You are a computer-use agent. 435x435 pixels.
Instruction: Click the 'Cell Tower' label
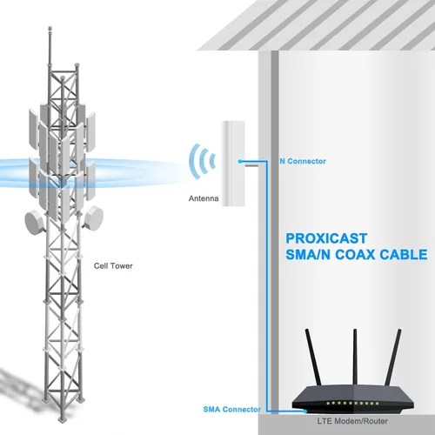click(x=113, y=266)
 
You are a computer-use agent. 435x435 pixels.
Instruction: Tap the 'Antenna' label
click(x=204, y=198)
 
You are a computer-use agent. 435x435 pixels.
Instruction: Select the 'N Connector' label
click(x=303, y=161)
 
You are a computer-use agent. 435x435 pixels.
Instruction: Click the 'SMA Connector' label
click(x=232, y=410)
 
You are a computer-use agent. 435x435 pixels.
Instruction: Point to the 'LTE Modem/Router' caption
click(x=352, y=421)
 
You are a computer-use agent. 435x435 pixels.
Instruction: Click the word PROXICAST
click(x=326, y=238)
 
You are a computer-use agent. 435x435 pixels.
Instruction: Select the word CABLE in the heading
click(x=404, y=254)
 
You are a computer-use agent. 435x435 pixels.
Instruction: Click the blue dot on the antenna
click(x=240, y=161)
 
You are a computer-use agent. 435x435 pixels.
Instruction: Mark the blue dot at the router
click(x=305, y=412)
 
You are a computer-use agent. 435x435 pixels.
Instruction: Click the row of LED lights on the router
click(x=352, y=404)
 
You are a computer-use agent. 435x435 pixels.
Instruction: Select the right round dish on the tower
click(x=92, y=217)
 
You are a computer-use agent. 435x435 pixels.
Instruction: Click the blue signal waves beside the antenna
click(x=202, y=161)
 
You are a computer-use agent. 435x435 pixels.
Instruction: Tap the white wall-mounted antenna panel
click(x=233, y=164)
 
